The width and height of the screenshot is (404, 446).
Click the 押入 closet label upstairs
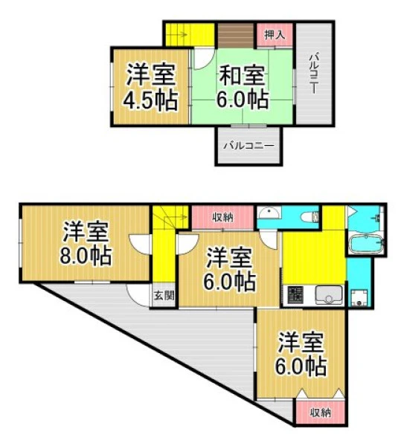click(275, 34)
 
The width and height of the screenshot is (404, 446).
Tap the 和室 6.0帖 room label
click(243, 87)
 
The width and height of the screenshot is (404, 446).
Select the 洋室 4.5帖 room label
click(150, 87)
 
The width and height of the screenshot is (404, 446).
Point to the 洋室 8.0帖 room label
click(86, 244)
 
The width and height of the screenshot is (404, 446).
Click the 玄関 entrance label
click(164, 296)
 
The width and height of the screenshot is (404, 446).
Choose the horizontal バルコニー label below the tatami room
click(249, 146)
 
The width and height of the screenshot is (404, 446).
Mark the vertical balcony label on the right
click(314, 74)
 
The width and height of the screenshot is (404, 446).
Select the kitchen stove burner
click(295, 294)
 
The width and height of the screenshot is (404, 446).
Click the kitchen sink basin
click(329, 295)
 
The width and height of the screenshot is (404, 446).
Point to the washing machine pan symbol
click(359, 298)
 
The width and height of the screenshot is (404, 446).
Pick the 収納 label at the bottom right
click(321, 413)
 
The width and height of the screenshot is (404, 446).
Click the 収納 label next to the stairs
click(223, 218)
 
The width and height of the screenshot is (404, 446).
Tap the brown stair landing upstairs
click(236, 35)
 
